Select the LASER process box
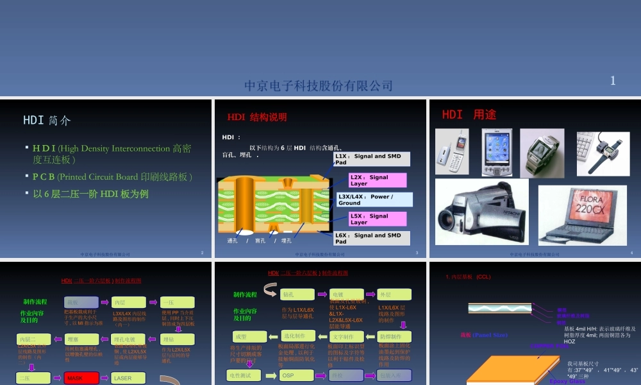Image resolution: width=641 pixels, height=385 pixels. (x=128, y=379)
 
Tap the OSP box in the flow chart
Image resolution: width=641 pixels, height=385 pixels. (x=296, y=375)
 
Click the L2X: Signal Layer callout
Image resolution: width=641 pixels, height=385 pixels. (x=377, y=180)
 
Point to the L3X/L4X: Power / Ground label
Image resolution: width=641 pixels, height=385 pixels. (x=374, y=200)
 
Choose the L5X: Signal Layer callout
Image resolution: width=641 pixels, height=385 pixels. (x=377, y=219)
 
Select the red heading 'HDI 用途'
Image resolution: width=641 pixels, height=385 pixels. (x=469, y=115)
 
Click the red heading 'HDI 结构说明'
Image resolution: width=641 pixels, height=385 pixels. (x=257, y=117)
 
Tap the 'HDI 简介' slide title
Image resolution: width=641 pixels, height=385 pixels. (x=47, y=120)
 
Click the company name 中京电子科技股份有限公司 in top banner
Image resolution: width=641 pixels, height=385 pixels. (x=319, y=86)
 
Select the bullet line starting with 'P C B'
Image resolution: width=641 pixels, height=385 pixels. (x=113, y=176)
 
